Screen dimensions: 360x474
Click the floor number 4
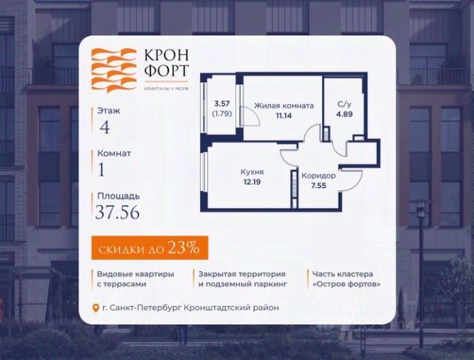pyautogui.click(x=105, y=125)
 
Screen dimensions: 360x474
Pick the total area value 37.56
pyautogui.click(x=118, y=213)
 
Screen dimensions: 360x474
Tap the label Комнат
pyautogui.click(x=114, y=153)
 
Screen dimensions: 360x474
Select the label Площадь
pyautogui.click(x=118, y=196)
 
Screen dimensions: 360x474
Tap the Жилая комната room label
pyautogui.click(x=284, y=106)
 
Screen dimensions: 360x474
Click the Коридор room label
pyautogui.click(x=318, y=176)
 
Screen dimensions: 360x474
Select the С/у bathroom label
pyautogui.click(x=344, y=105)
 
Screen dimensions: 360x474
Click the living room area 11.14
pyautogui.click(x=284, y=116)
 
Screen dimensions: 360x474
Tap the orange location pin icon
pyautogui.click(x=96, y=308)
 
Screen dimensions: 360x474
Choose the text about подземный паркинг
pyautogui.click(x=243, y=279)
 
